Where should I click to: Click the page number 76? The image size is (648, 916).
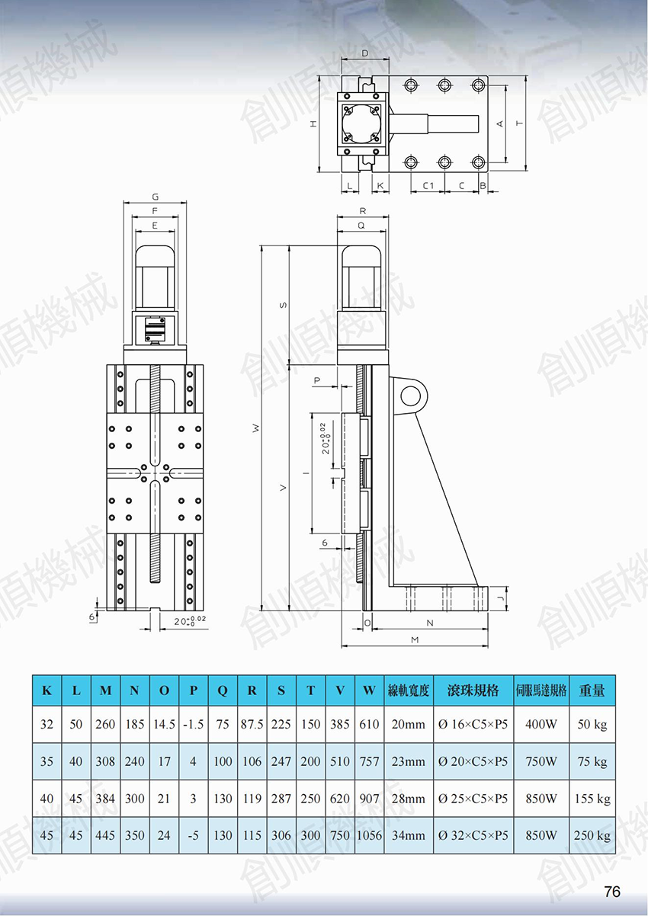(612, 891)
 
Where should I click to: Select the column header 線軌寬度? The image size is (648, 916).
(409, 690)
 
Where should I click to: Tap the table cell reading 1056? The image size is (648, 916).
(369, 835)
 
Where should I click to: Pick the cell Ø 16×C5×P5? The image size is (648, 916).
(473, 724)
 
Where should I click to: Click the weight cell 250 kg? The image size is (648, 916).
(592, 835)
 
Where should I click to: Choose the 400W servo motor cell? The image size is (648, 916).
(541, 724)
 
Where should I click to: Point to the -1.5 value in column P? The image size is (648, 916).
(193, 724)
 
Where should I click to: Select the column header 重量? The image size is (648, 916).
(592, 690)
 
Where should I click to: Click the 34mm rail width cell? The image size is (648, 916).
(409, 835)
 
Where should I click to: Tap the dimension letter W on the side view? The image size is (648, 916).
(256, 428)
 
